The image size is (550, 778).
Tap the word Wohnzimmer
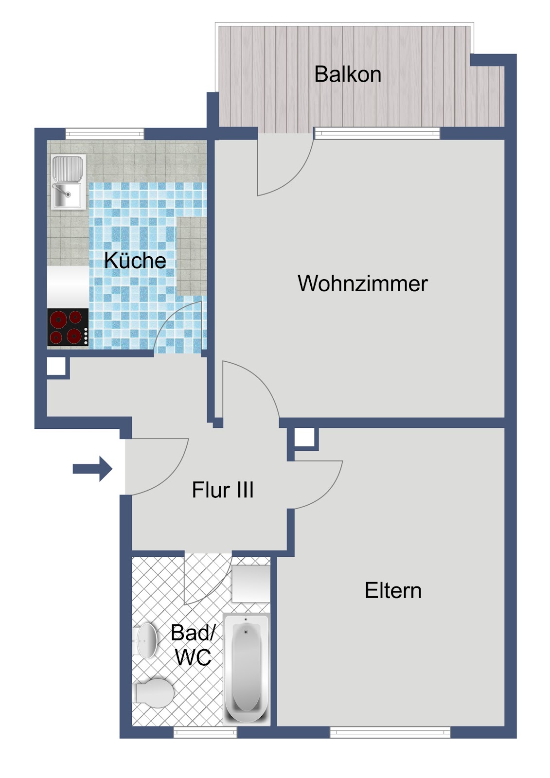[362, 283]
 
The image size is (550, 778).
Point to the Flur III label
[223, 490]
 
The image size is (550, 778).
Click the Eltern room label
[393, 590]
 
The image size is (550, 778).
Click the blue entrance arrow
[92, 469]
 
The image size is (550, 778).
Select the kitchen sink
[69, 182]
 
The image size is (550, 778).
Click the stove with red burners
[68, 327]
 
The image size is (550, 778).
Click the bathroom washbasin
[145, 640]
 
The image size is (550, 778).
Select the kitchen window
[105, 134]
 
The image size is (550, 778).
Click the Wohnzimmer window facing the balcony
[376, 134]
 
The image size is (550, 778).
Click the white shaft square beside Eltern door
[304, 437]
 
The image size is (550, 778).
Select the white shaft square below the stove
[56, 366]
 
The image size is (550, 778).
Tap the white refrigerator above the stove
[68, 287]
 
